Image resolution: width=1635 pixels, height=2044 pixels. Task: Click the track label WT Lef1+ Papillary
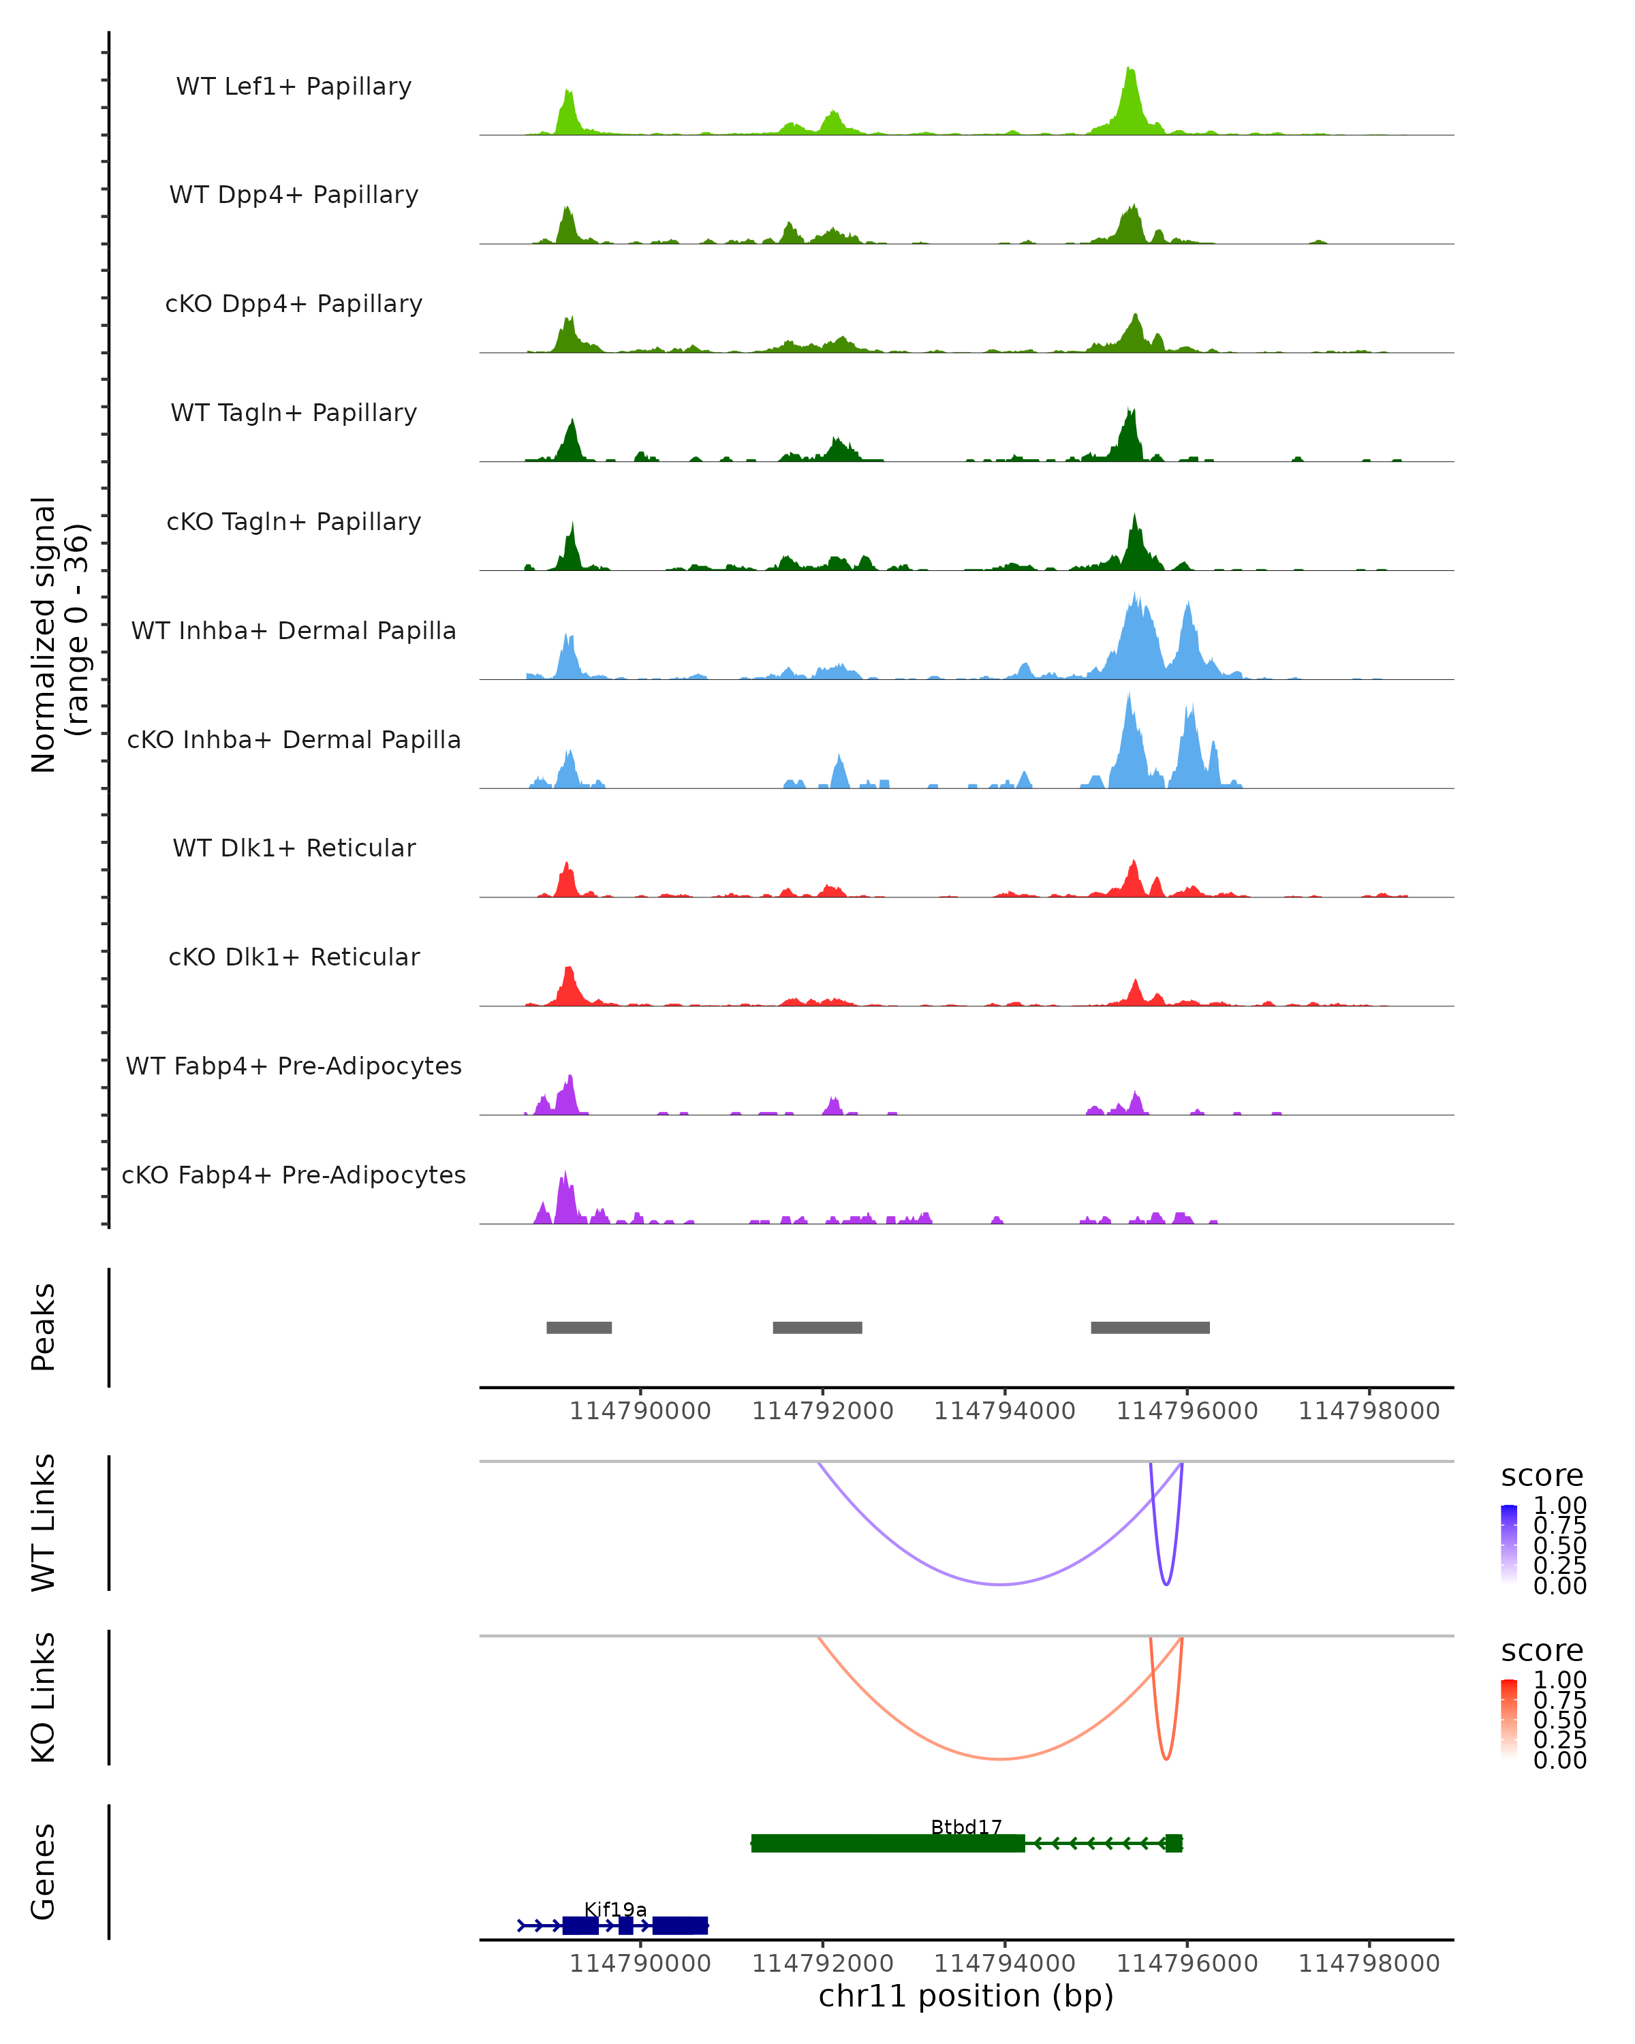(294, 87)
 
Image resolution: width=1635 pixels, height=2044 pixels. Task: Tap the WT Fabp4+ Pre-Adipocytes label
(294, 1066)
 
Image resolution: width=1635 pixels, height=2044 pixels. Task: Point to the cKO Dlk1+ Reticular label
(294, 957)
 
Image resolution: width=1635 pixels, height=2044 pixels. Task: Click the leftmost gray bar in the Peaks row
(579, 1327)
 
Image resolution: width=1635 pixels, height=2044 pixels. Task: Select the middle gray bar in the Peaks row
(817, 1327)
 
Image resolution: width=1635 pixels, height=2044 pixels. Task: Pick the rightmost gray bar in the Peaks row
(1150, 1327)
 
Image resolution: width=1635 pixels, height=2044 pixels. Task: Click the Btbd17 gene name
(966, 1827)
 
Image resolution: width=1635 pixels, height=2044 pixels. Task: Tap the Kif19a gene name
(615, 1909)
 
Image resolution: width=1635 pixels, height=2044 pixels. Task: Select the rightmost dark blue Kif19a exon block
(680, 1925)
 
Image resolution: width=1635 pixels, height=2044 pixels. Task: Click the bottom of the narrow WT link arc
(1166, 1583)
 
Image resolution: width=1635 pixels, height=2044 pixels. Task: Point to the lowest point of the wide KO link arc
(1000, 1759)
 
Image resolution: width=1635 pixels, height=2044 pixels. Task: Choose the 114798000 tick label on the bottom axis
(1369, 1964)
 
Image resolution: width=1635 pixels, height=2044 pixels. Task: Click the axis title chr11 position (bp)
(966, 1996)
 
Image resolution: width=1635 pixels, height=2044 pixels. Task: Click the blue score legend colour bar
(1509, 1543)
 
